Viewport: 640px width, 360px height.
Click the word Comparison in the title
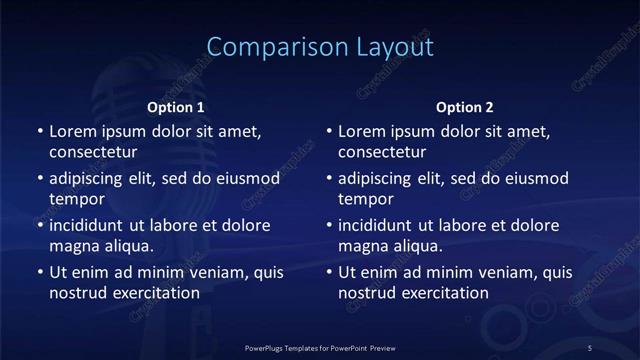tap(264, 47)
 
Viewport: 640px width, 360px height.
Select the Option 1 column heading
tap(176, 107)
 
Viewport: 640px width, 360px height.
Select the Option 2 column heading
tap(465, 107)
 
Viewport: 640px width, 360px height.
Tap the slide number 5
tap(590, 347)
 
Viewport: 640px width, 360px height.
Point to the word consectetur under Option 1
tap(93, 153)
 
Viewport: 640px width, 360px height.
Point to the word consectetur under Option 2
tap(382, 153)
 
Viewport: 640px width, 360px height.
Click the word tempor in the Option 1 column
tap(77, 199)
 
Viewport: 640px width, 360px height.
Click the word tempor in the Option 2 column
tap(366, 199)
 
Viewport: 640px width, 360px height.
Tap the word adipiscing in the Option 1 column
tap(91, 179)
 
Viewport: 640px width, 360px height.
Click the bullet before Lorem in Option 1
tap(39, 132)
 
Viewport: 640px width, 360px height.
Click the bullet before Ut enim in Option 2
tap(328, 272)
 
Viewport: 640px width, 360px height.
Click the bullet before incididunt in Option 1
tap(39, 225)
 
